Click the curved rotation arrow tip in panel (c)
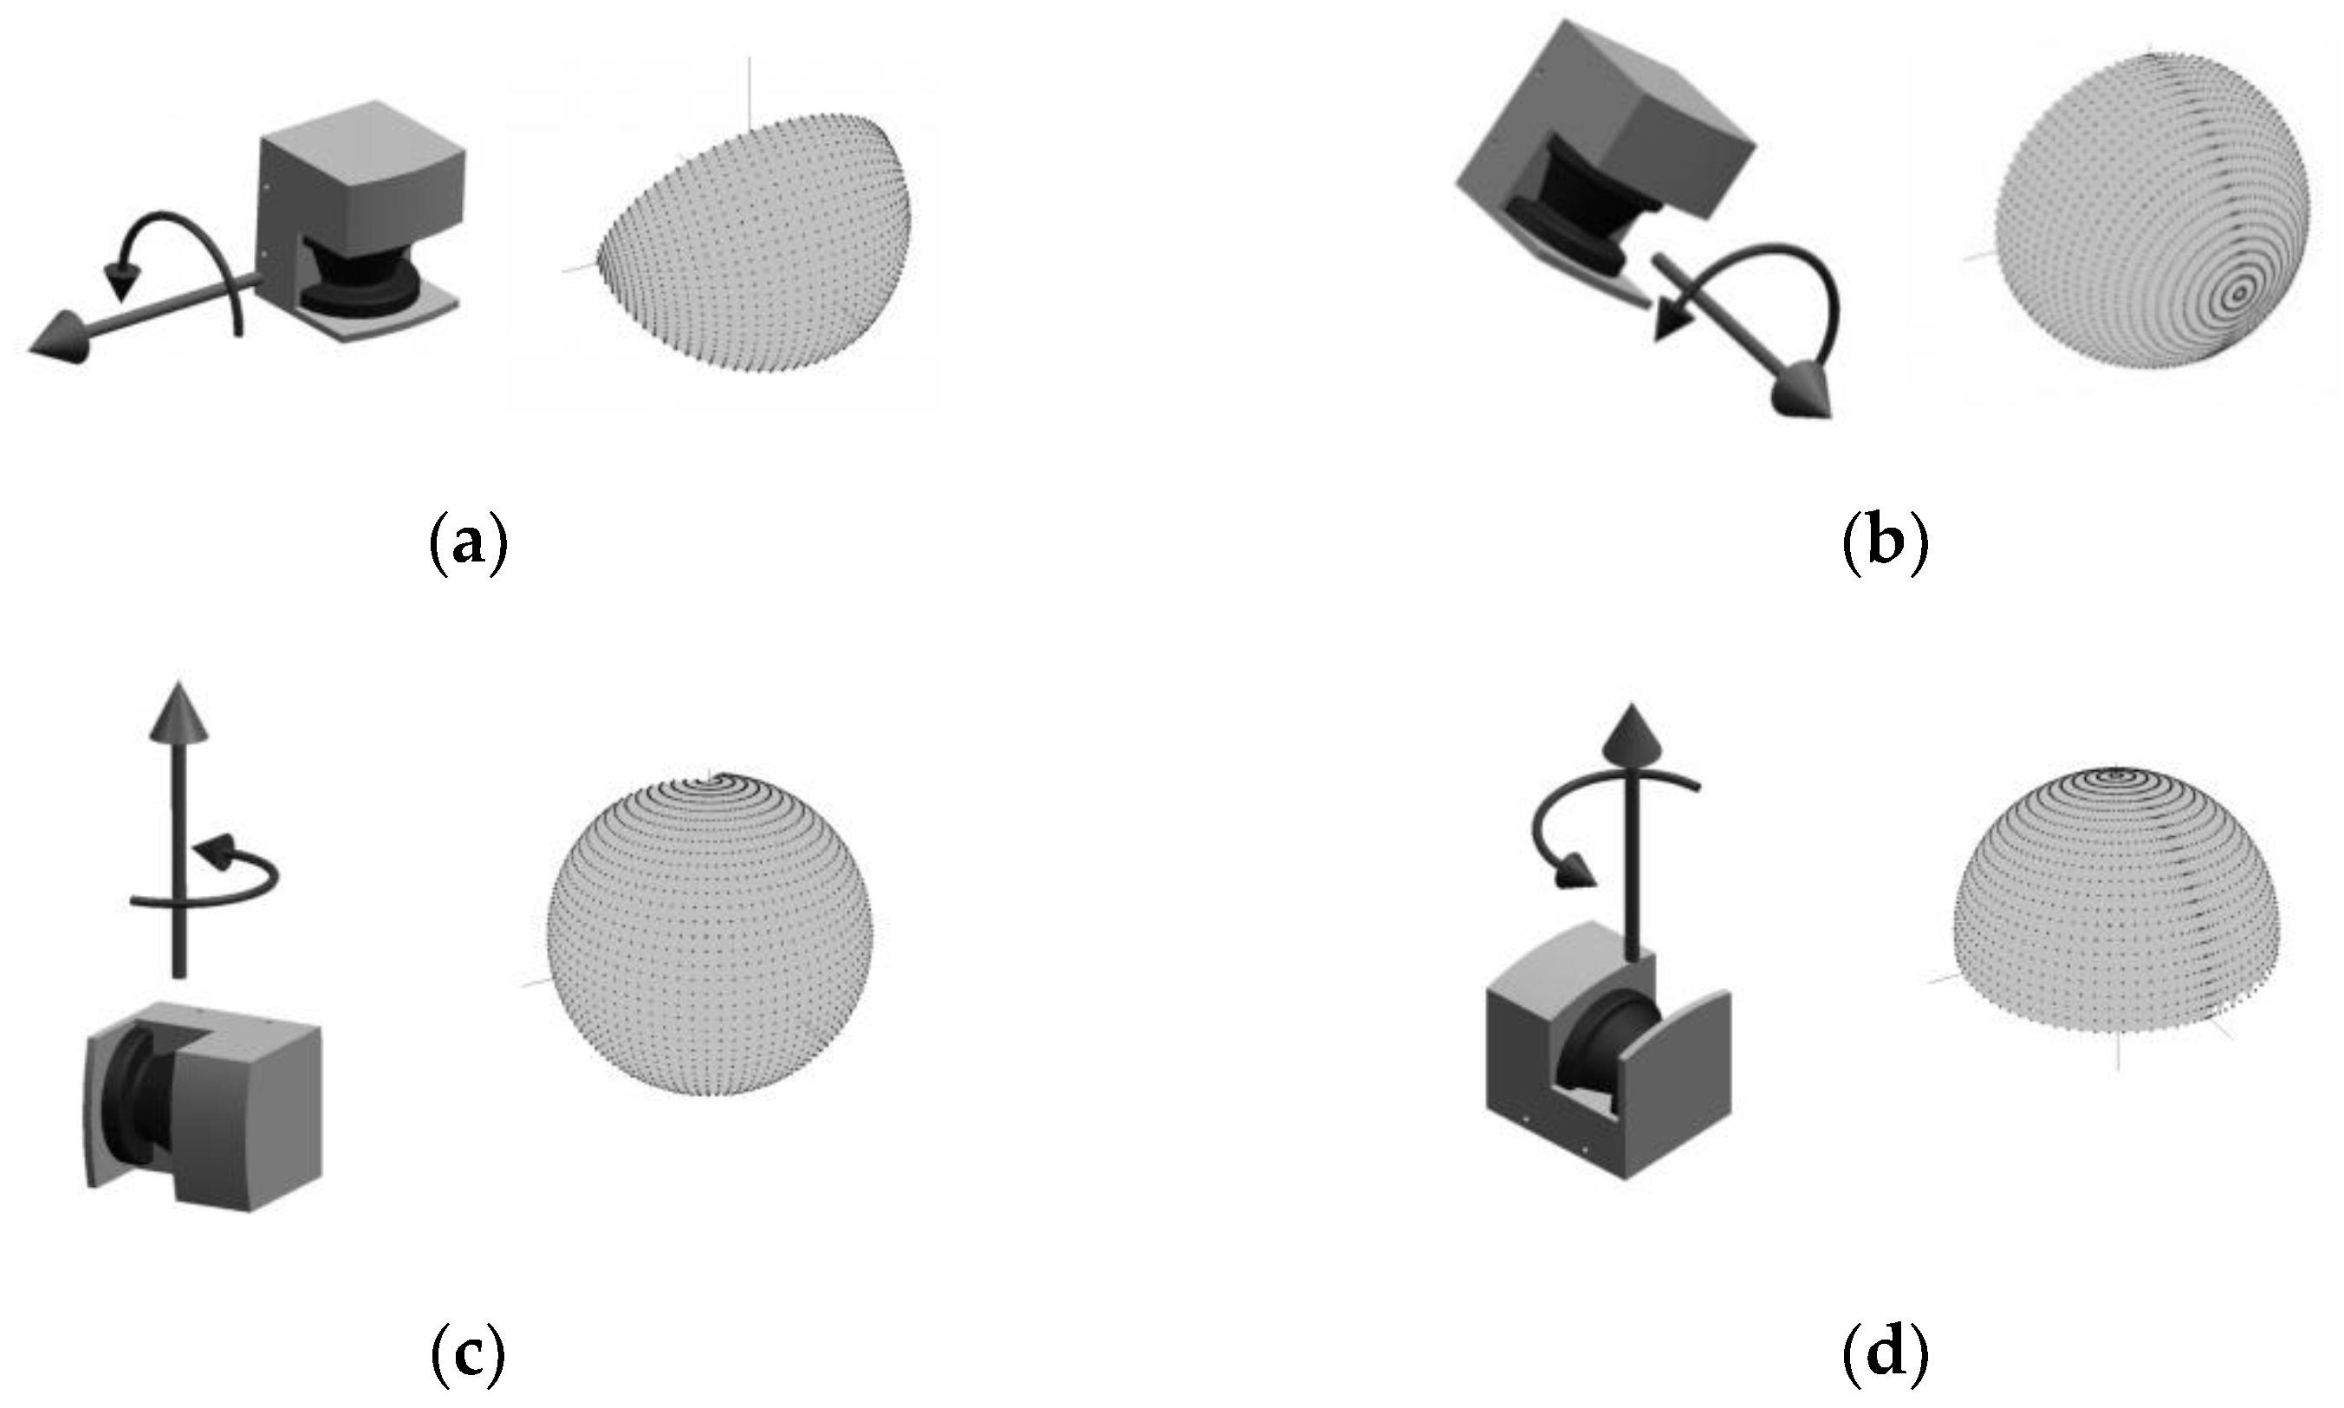click(x=219, y=847)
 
